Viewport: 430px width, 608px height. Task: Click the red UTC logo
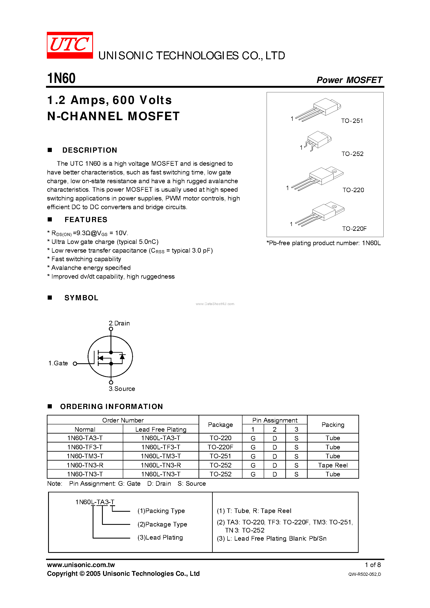(70, 45)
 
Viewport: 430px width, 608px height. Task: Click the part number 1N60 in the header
(61, 78)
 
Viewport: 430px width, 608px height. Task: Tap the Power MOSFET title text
(349, 80)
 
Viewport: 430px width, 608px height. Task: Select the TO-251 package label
(352, 121)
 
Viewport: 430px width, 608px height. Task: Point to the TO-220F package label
(354, 229)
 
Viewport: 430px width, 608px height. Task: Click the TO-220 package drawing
(318, 178)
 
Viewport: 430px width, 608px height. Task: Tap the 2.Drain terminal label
(119, 323)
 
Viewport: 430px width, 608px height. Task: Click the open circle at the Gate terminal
(75, 364)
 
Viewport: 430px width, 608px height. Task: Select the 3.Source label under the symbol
(122, 389)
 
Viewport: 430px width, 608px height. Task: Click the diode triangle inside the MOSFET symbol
(122, 357)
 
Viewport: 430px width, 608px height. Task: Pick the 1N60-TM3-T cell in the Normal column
(85, 456)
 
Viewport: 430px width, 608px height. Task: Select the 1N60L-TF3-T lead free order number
(161, 447)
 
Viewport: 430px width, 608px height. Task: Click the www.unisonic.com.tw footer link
(81, 565)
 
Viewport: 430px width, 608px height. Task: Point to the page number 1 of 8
(373, 565)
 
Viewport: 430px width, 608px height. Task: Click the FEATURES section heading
(86, 220)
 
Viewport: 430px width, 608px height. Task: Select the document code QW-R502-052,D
(364, 574)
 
